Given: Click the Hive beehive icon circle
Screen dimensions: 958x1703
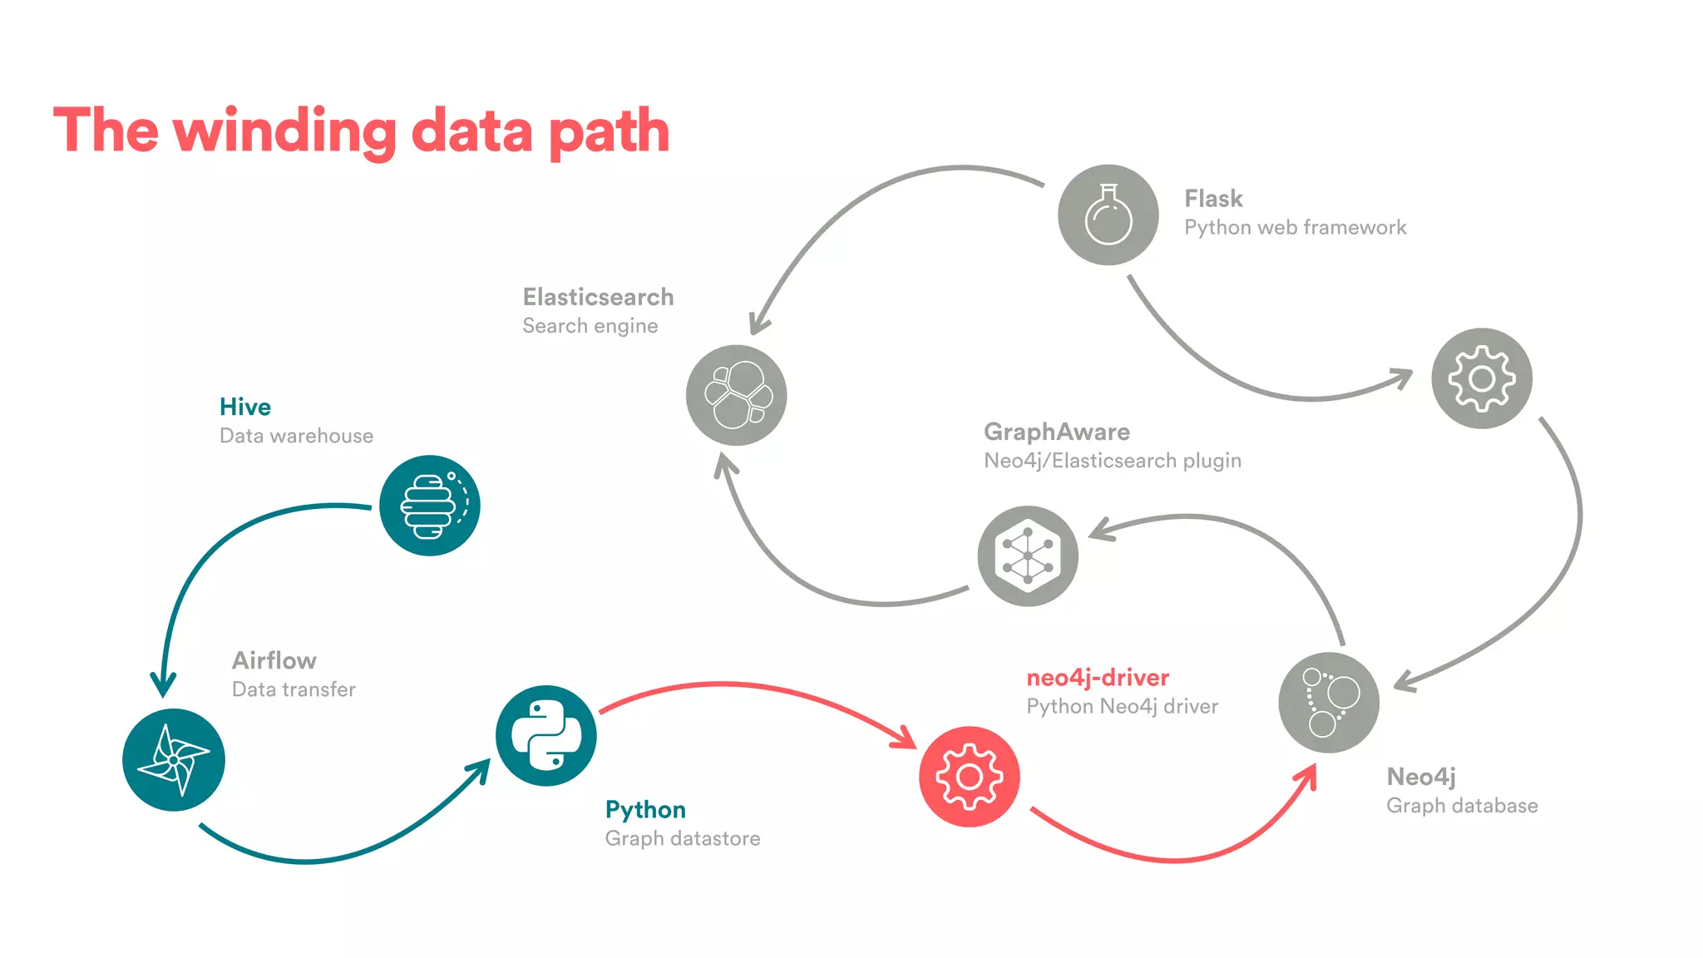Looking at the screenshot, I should (x=429, y=506).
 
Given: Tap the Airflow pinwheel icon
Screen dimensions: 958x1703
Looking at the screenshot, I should (x=174, y=759).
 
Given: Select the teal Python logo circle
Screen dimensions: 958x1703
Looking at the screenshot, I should (x=545, y=735).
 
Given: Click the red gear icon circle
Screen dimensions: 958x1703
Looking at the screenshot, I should (x=969, y=777).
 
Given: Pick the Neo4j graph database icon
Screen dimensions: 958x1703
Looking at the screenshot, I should (x=1329, y=703).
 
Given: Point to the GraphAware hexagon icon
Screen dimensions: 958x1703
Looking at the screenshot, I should (x=1028, y=556).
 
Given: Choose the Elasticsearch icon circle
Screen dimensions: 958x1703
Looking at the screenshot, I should (x=736, y=395).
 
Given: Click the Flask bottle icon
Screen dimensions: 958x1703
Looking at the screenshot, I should (x=1108, y=215).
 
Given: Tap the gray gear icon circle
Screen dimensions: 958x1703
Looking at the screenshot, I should (x=1481, y=378).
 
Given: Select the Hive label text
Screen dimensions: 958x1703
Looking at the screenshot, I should (x=245, y=407).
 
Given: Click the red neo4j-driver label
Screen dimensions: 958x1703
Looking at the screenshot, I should (x=1098, y=678).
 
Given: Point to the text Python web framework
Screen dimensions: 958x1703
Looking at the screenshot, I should (x=1295, y=228).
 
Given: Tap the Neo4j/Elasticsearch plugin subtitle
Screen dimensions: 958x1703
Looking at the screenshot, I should (x=1112, y=461).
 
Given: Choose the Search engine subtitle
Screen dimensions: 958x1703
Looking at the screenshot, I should (x=590, y=326).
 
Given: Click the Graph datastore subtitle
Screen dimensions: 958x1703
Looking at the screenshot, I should (x=682, y=838).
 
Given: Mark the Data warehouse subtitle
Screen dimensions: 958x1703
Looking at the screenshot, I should (x=296, y=436).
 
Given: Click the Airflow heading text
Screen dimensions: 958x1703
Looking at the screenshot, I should (x=274, y=660).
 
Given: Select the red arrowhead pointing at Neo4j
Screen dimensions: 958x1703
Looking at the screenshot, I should (x=1308, y=775).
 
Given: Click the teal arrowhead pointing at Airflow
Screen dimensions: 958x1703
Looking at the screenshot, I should (x=163, y=686).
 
